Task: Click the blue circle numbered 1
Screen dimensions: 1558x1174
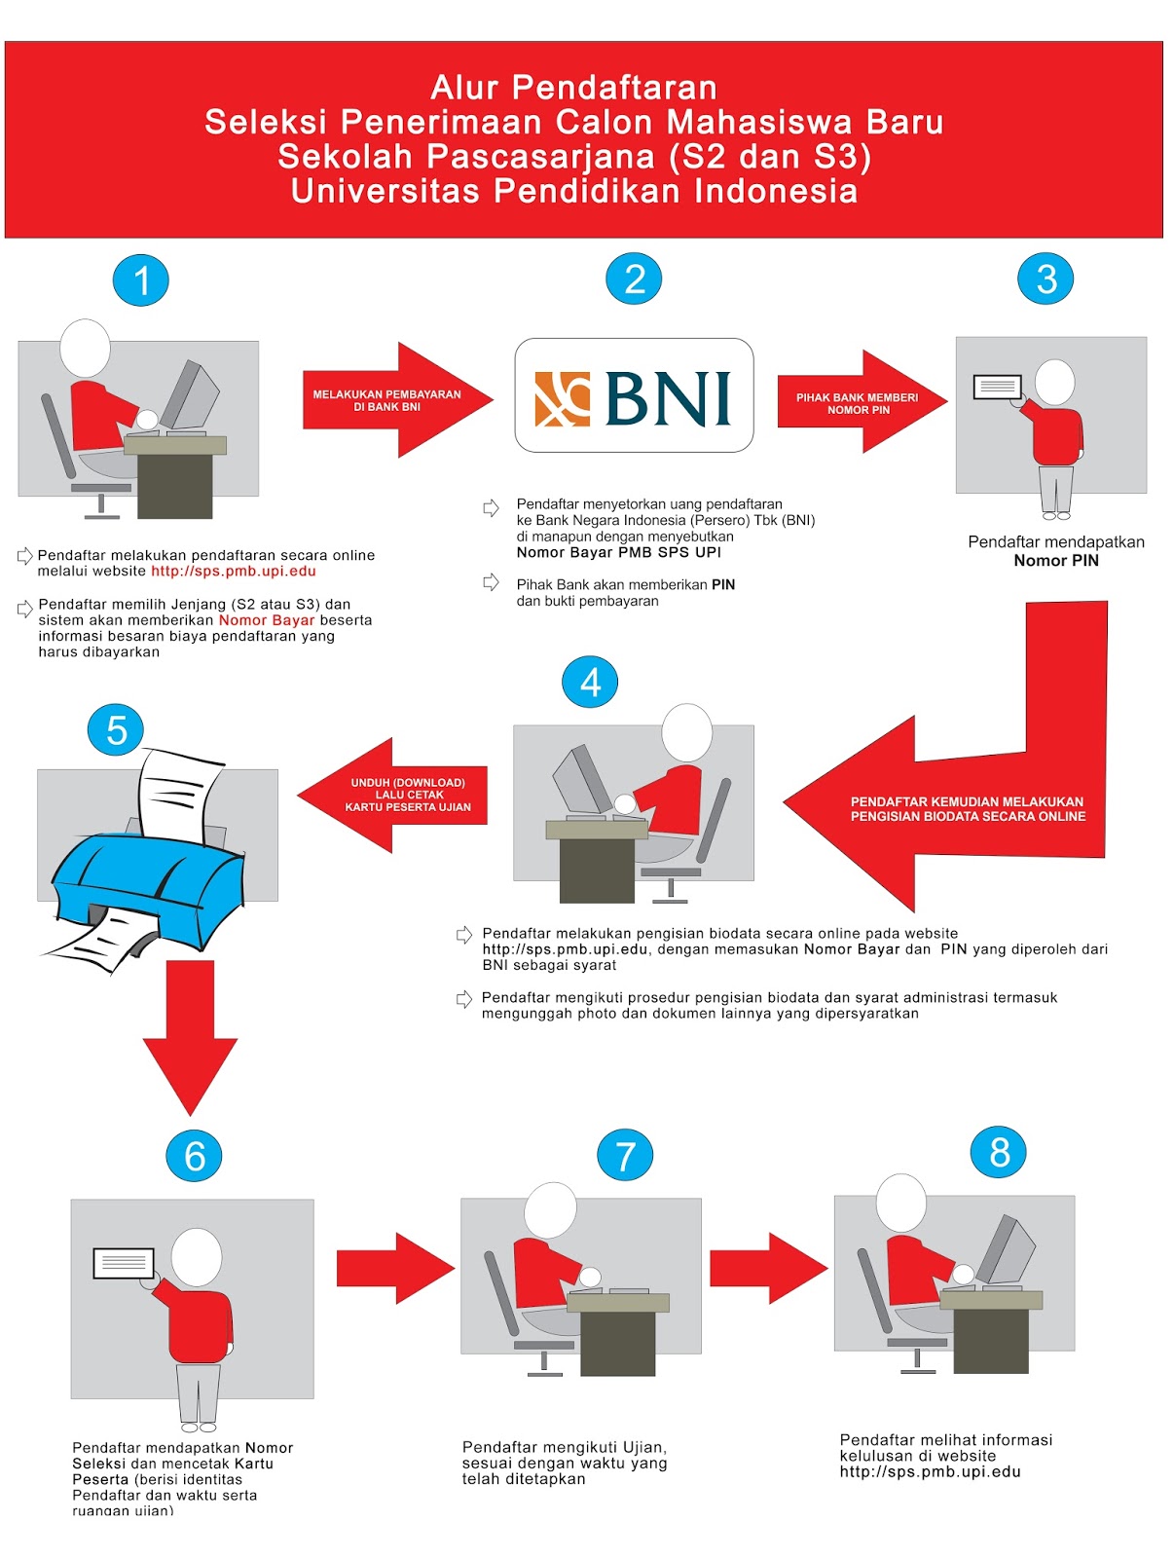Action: click(x=141, y=280)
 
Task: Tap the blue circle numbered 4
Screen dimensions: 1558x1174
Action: click(x=590, y=683)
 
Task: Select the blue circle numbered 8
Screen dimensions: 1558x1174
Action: click(x=999, y=1152)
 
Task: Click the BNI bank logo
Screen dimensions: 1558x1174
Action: click(x=634, y=396)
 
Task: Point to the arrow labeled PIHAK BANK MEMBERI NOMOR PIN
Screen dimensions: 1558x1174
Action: click(x=861, y=402)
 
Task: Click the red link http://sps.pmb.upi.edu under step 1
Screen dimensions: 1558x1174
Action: click(x=234, y=572)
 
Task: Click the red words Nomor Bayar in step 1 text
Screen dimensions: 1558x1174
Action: click(x=267, y=620)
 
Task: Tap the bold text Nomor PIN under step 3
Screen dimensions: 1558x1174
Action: click(x=1056, y=561)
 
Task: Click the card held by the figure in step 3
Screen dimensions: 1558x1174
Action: click(x=998, y=387)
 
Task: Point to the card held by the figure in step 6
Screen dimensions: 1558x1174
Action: click(x=124, y=1263)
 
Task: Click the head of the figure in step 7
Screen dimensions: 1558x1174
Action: click(x=551, y=1210)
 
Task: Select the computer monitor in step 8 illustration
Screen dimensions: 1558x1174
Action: click(x=1007, y=1249)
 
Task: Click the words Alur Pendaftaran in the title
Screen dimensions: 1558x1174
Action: click(x=574, y=88)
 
